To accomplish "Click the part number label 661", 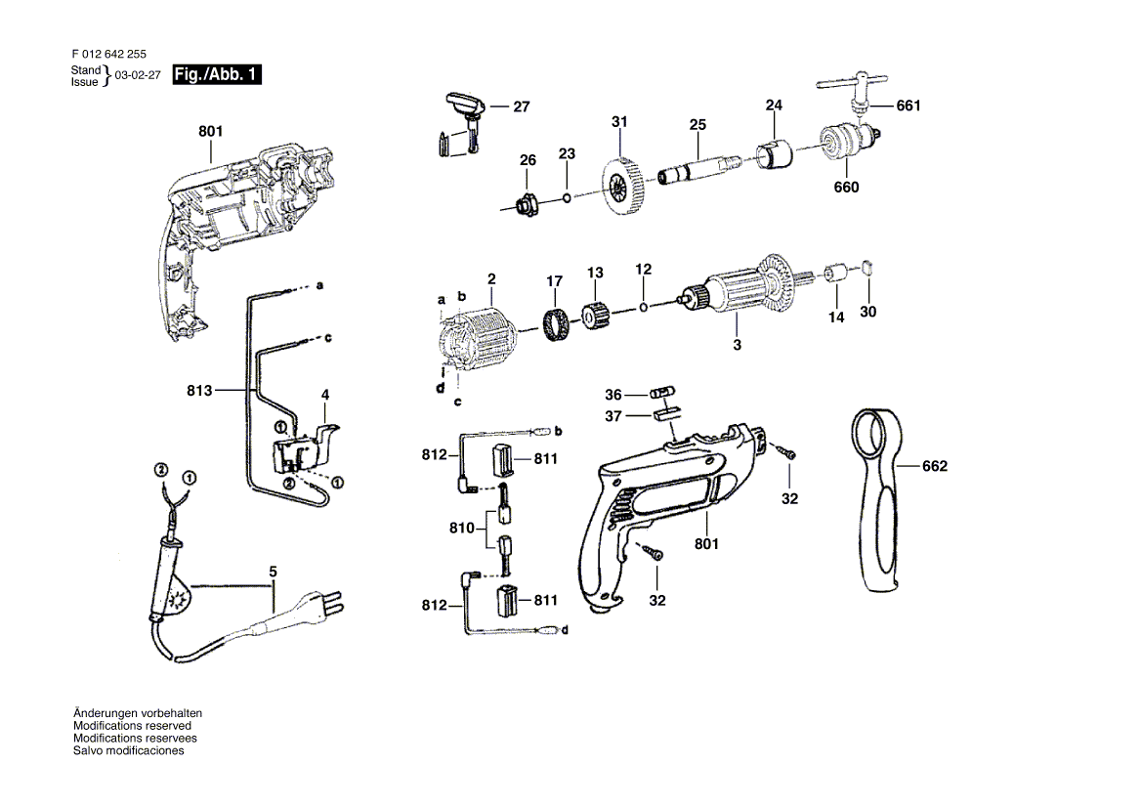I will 909,106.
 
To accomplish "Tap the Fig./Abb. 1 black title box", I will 216,75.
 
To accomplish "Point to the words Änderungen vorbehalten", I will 138,713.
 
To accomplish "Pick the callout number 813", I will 199,392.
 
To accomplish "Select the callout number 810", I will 463,529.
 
